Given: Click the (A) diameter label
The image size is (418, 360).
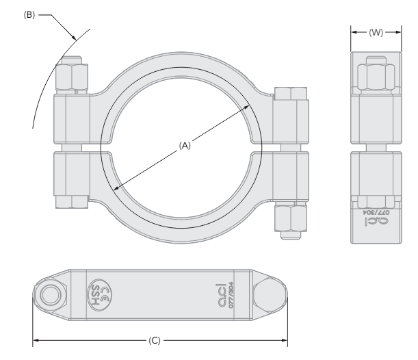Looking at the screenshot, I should click(x=184, y=146).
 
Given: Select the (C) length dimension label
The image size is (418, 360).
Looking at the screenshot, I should click(x=161, y=340).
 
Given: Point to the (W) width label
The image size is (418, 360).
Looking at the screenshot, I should click(x=375, y=31).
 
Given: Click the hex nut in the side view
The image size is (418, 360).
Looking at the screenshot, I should click(x=375, y=76).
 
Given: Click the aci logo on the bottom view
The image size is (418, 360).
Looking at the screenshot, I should click(x=220, y=289).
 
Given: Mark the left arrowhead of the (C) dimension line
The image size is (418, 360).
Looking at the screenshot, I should click(x=35, y=340).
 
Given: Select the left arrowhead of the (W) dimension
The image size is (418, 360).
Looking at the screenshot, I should click(x=353, y=31).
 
